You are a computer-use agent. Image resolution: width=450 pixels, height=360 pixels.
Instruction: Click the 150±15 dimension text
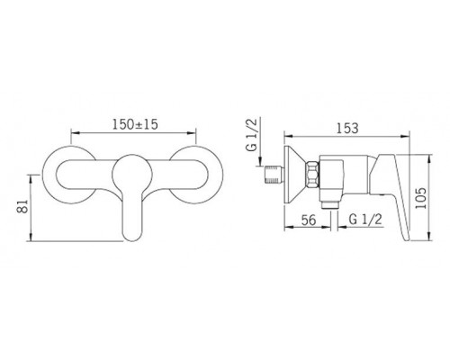pyautogui.click(x=135, y=124)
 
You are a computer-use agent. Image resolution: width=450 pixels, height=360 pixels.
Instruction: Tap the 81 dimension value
pyautogui.click(x=22, y=206)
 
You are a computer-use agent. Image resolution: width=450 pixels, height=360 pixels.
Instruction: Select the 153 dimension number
pyautogui.click(x=347, y=128)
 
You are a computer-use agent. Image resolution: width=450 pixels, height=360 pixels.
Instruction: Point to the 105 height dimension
pyautogui.click(x=420, y=198)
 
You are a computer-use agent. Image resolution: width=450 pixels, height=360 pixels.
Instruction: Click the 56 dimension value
pyautogui.click(x=309, y=220)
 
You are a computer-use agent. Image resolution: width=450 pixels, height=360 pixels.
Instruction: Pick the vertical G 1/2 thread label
pyautogui.click(x=252, y=134)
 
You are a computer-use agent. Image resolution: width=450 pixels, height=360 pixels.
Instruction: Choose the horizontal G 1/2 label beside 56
pyautogui.click(x=365, y=220)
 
